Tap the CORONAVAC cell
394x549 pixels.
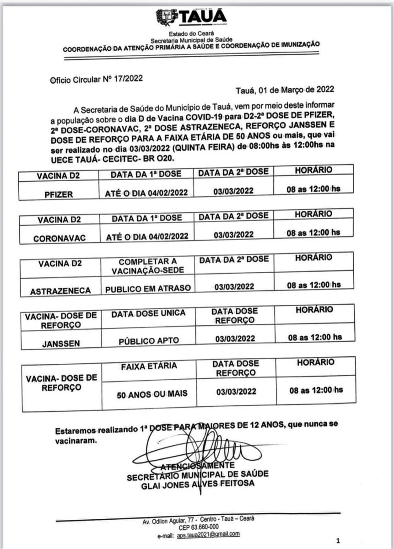click(57, 238)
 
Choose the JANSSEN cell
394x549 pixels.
click(60, 340)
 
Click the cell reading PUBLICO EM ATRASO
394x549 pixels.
click(148, 288)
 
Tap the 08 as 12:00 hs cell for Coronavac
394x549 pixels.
click(313, 232)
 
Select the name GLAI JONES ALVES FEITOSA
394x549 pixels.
click(198, 484)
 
